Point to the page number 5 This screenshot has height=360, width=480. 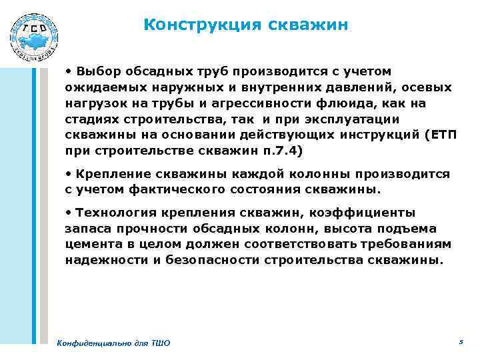461,341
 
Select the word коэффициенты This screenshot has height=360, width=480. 360,213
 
